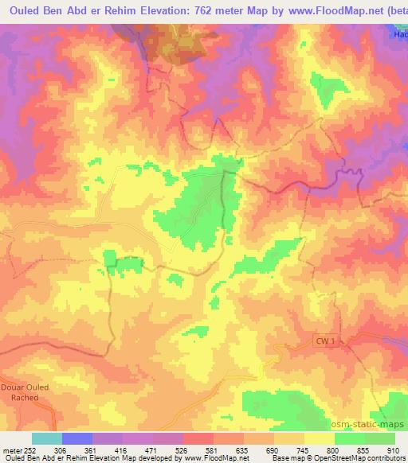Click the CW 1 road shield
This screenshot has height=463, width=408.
point(320,341)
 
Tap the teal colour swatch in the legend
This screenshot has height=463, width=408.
point(47,438)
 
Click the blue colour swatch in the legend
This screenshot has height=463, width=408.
point(77,438)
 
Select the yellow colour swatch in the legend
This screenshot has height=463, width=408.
point(320,438)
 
